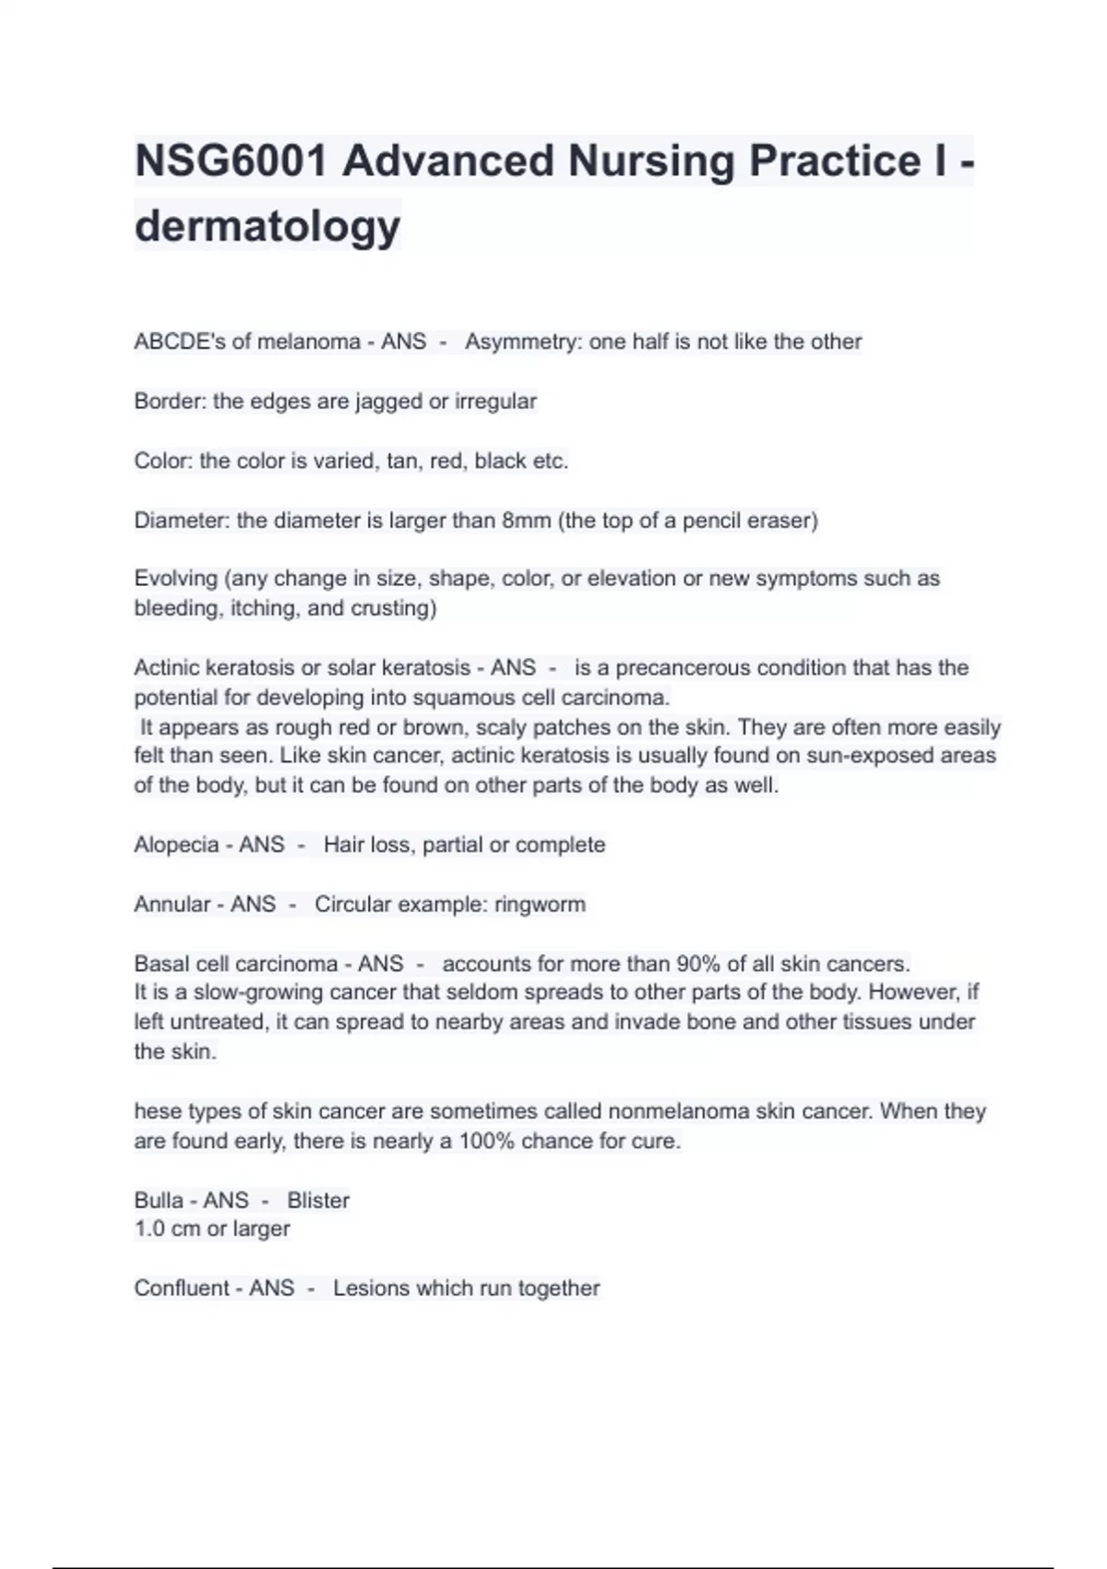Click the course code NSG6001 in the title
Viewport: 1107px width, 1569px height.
231,161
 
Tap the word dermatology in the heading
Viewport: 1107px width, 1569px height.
268,225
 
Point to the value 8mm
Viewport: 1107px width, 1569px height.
526,521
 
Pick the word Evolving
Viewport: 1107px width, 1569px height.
175,579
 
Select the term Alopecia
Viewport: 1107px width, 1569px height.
176,844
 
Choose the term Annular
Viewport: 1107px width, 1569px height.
173,904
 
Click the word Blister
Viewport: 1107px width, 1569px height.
318,1200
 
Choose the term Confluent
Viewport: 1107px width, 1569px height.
183,1288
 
